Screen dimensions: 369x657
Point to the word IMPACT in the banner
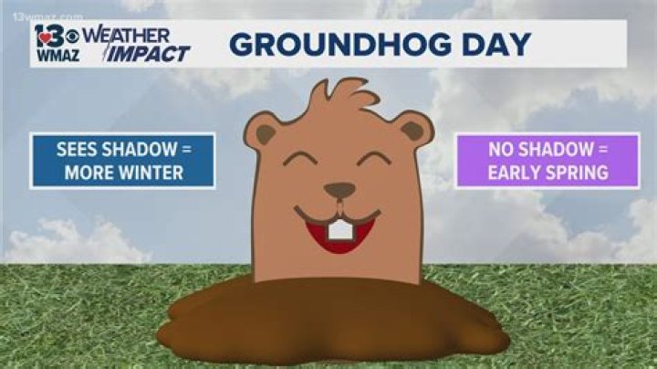tap(151, 53)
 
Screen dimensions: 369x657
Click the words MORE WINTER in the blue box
tap(123, 171)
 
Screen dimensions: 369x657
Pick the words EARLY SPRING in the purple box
tap(547, 171)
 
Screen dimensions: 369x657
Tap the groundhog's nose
tap(339, 190)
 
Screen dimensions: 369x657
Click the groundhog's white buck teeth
tap(339, 229)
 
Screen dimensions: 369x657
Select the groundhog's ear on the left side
tap(266, 132)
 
